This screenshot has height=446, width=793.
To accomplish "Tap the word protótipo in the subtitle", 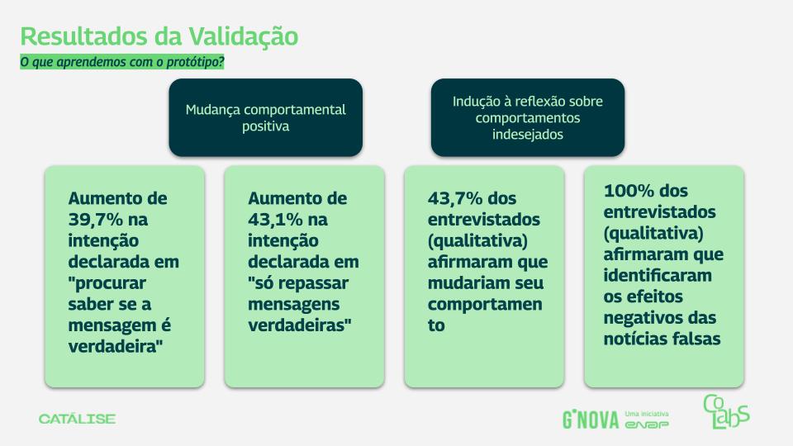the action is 193,62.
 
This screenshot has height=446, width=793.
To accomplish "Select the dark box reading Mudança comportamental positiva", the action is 265,117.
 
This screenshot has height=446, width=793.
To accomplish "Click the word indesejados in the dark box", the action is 528,135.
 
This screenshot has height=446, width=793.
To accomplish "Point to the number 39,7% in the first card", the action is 96,220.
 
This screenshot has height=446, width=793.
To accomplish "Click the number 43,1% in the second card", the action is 275,220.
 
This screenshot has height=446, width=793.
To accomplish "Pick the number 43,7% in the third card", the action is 455,198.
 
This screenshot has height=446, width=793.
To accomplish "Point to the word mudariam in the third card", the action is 470,282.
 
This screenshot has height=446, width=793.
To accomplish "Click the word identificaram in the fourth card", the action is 658,275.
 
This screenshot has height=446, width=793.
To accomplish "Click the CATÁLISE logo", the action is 77,419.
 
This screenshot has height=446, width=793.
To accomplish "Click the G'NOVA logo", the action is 591,420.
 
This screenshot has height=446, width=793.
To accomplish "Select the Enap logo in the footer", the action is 647,425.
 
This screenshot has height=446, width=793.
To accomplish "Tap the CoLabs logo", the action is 726,411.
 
